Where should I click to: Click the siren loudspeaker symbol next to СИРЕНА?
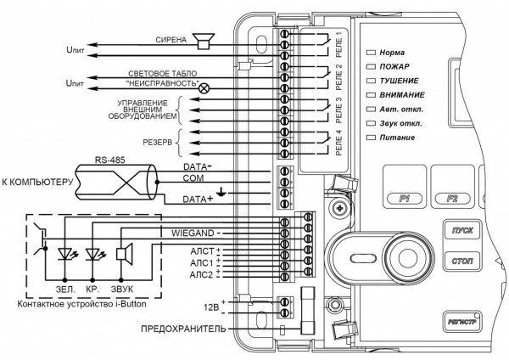pyautogui.click(x=204, y=42)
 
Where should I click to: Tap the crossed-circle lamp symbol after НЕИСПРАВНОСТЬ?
pyautogui.click(x=204, y=88)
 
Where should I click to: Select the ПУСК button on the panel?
pyautogui.click(x=462, y=230)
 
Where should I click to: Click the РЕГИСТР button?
pyautogui.click(x=462, y=322)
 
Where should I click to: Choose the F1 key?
pyautogui.click(x=405, y=198)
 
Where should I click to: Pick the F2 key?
pyautogui.click(x=452, y=198)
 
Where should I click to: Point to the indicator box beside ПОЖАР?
pyautogui.click(x=371, y=66)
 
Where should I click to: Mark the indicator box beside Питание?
pyautogui.click(x=371, y=138)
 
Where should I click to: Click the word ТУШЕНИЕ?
pyautogui.click(x=399, y=81)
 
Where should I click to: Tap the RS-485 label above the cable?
pyautogui.click(x=109, y=160)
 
